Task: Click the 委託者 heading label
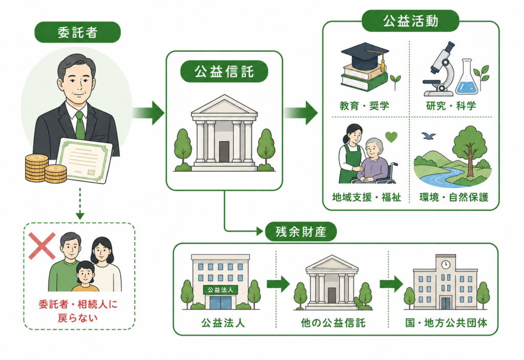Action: click(78, 32)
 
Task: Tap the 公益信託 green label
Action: click(224, 72)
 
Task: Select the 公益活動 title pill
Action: click(410, 21)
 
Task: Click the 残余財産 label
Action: click(301, 231)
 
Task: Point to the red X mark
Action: click(42, 246)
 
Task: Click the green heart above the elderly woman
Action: click(391, 137)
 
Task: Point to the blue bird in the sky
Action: click(428, 136)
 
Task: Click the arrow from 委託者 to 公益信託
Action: click(148, 113)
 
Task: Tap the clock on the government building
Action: click(446, 264)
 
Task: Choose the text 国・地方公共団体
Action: click(446, 323)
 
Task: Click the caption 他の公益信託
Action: click(333, 323)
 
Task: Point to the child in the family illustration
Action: click(85, 276)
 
